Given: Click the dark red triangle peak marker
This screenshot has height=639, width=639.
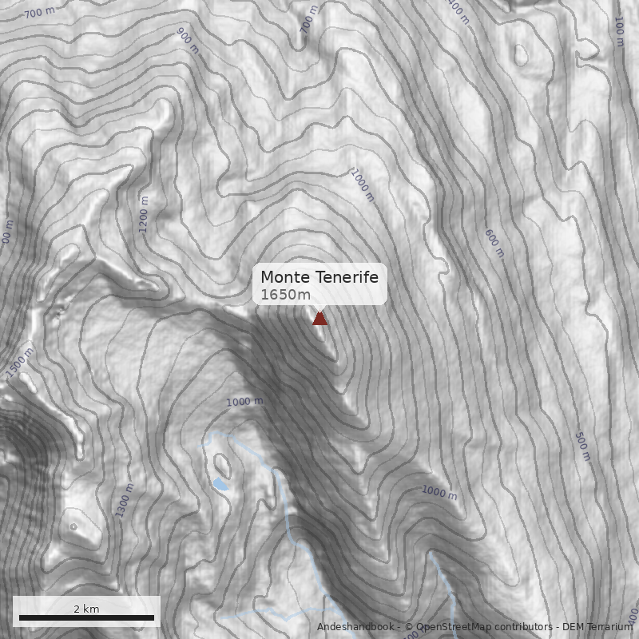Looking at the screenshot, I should tap(319, 318).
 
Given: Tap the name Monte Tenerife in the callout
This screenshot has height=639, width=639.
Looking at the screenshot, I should tap(319, 277).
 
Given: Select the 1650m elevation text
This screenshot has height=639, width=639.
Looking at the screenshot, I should tap(285, 295).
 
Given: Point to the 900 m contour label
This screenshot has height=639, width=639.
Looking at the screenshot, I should tap(187, 40).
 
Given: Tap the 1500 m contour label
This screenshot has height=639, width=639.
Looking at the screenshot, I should tap(21, 361).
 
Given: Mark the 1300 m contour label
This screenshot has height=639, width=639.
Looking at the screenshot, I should tap(125, 500).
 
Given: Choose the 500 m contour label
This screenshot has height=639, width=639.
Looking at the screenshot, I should tap(582, 446).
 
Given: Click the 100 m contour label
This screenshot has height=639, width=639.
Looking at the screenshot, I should tap(618, 32).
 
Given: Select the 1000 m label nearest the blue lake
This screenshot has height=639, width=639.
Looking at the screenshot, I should tap(244, 402).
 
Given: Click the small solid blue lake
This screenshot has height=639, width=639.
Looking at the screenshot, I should tap(220, 484).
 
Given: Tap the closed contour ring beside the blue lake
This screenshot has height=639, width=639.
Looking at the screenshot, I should tap(220, 462).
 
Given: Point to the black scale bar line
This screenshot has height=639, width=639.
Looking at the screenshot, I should tap(86, 617).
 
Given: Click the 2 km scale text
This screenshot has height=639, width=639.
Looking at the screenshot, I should tap(86, 609).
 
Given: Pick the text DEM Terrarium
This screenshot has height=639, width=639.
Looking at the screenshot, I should tap(597, 627).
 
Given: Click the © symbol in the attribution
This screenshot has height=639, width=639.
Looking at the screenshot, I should tap(409, 627).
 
